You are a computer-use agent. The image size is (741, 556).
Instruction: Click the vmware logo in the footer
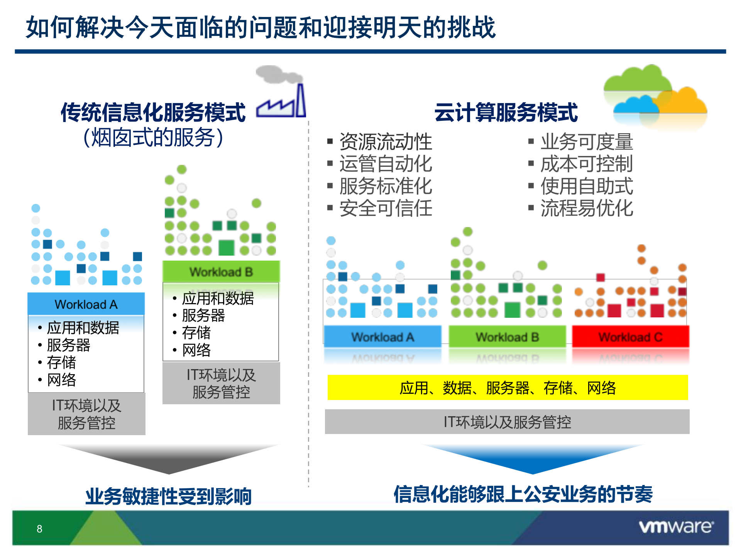676,527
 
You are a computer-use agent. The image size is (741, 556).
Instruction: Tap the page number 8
39,529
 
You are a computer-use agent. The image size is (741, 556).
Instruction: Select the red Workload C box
630,337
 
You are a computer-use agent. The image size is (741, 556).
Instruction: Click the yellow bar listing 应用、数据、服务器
508,388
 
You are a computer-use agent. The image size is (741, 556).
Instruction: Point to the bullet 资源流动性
385,142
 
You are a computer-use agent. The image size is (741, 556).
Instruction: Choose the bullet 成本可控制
586,164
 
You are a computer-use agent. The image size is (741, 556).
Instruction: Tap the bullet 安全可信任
385,208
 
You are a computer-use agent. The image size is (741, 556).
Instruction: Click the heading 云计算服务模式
506,112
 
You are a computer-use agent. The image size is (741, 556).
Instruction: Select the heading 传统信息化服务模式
153,112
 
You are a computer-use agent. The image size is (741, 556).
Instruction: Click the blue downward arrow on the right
533,459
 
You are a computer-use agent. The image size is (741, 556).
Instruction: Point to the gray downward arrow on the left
169,459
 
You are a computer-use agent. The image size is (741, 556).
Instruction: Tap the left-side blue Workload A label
86,304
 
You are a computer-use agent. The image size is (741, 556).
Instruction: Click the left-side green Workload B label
221,272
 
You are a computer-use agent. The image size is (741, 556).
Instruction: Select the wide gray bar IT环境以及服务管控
507,422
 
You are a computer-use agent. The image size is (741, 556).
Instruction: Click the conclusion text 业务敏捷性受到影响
169,496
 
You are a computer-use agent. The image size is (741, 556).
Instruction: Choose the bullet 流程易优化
586,208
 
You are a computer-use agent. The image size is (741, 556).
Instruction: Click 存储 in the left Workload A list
61,362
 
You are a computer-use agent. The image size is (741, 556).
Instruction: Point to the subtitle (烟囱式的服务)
153,137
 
